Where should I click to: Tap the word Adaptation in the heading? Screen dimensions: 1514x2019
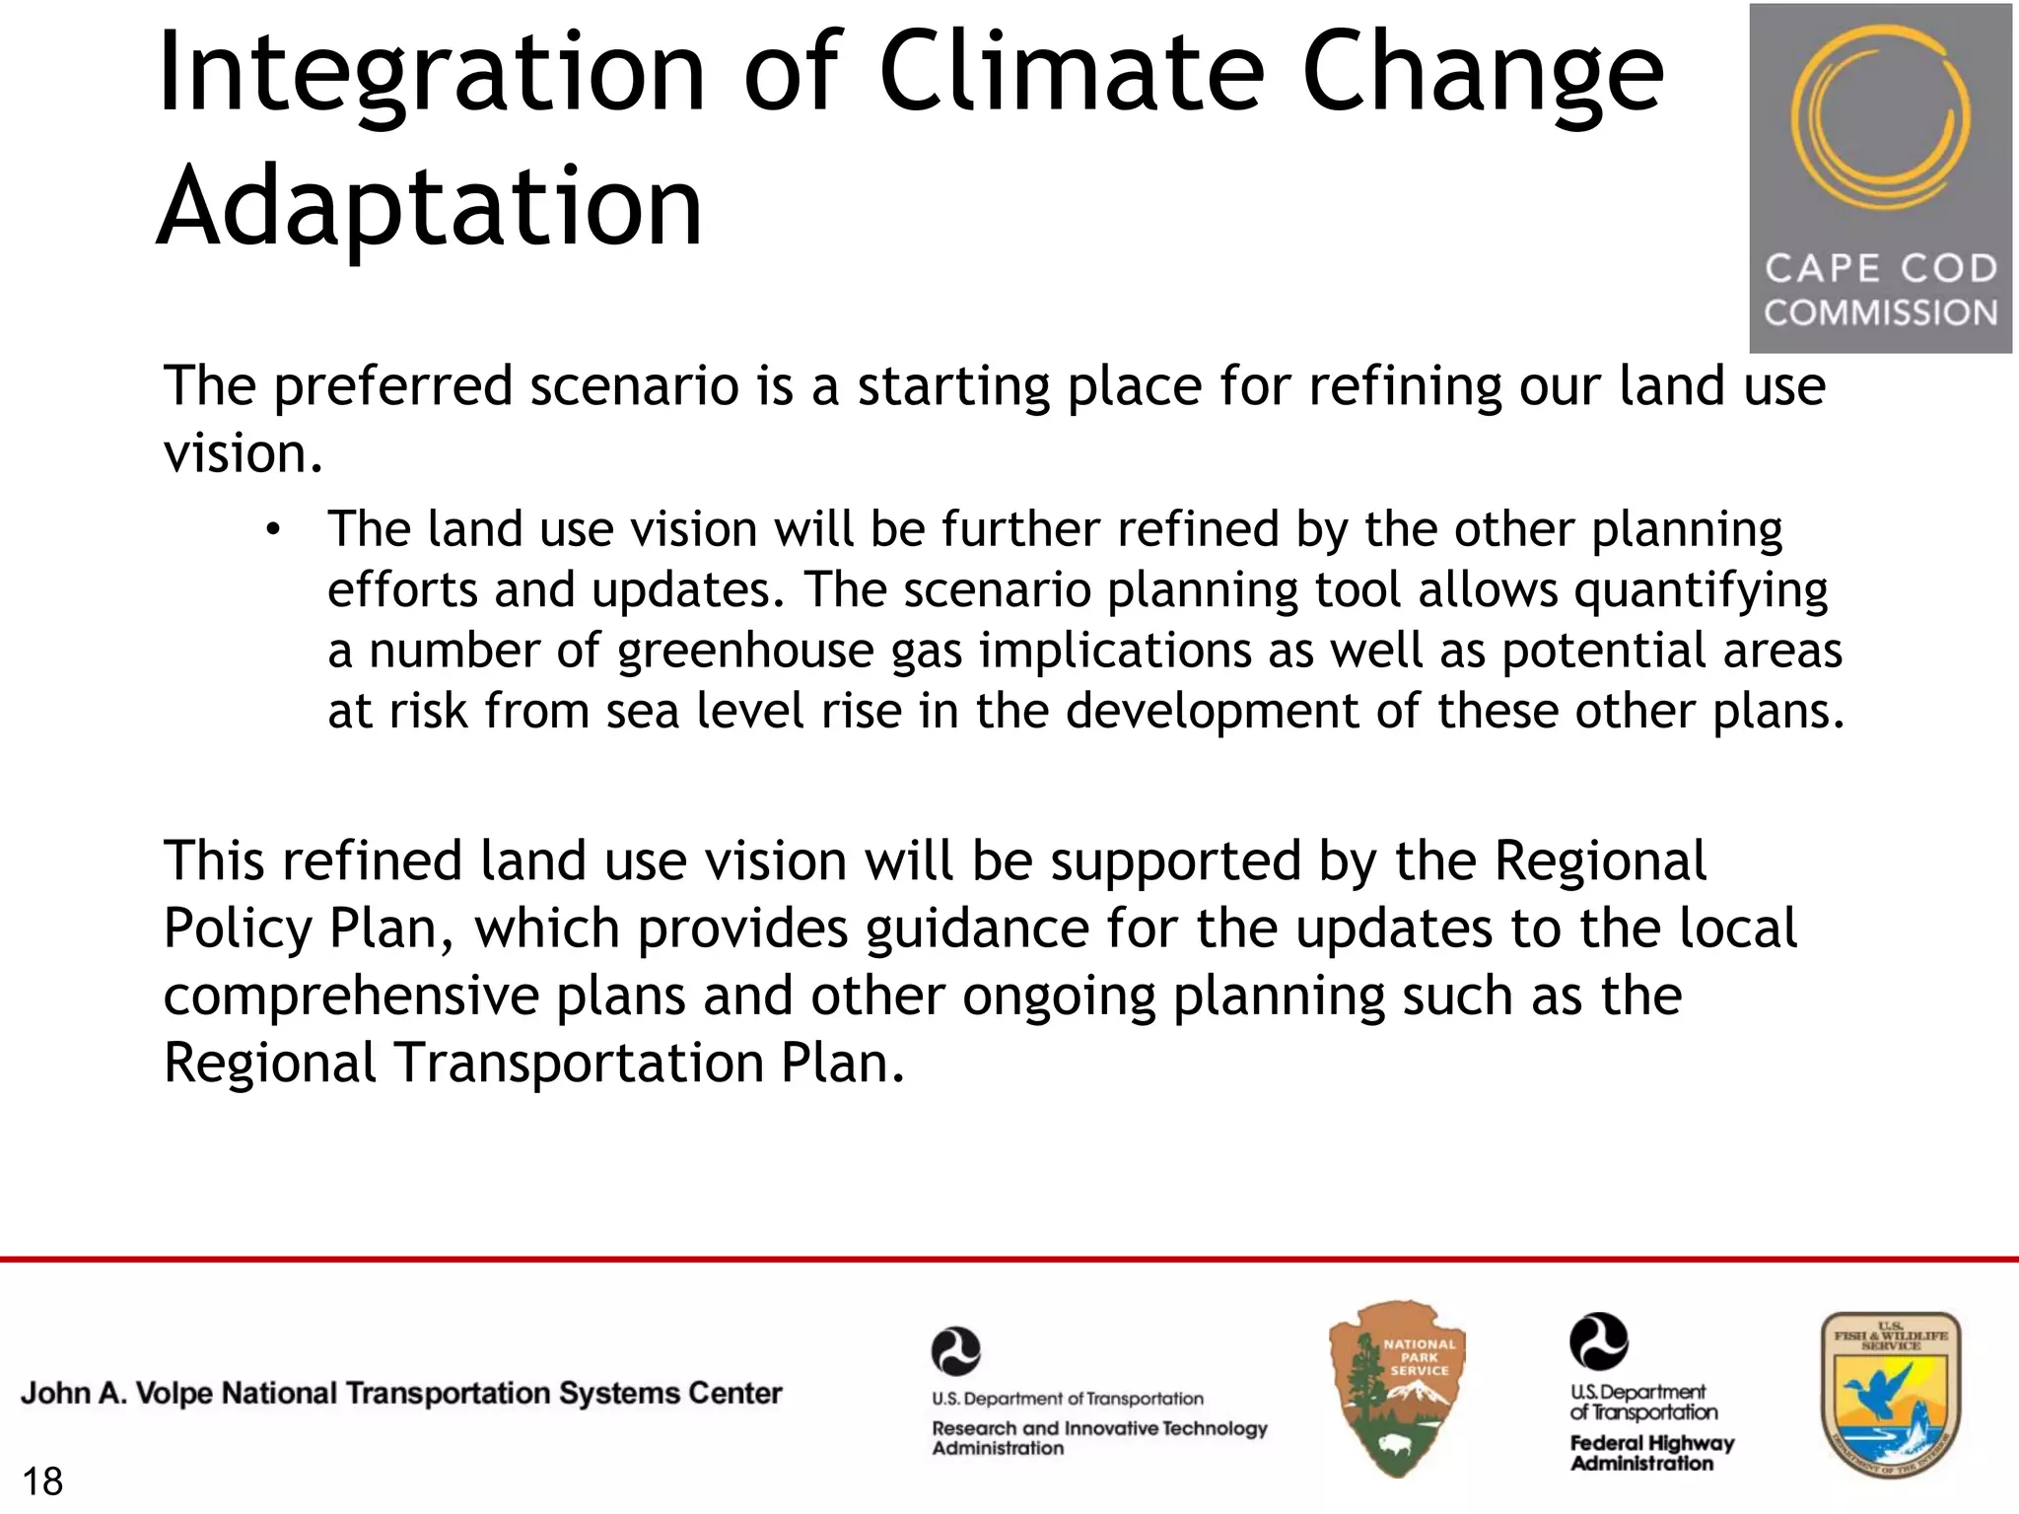pyautogui.click(x=430, y=207)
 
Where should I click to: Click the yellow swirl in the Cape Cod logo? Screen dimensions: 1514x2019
pyautogui.click(x=1880, y=118)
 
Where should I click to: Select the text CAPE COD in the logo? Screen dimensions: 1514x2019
pyautogui.click(x=1880, y=268)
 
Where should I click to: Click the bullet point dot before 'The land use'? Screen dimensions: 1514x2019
pyautogui.click(x=273, y=531)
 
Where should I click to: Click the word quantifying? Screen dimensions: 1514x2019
pyautogui.click(x=1701, y=590)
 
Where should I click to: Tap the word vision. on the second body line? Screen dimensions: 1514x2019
pyautogui.click(x=243, y=453)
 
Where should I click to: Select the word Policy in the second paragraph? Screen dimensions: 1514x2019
pyautogui.click(x=237, y=929)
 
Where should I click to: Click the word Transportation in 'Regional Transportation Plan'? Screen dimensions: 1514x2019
pyautogui.click(x=580, y=1063)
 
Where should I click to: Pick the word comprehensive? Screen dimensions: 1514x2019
pyautogui.click(x=351, y=996)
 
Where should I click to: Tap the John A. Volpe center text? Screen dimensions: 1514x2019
pyautogui.click(x=401, y=1393)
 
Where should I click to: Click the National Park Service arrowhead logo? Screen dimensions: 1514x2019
pyautogui.click(x=1397, y=1388)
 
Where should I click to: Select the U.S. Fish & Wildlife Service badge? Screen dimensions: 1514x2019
pyautogui.click(x=1890, y=1394)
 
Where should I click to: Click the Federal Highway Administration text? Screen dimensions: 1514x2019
pyautogui.click(x=1651, y=1453)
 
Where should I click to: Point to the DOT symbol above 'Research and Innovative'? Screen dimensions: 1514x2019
pyautogui.click(x=955, y=1351)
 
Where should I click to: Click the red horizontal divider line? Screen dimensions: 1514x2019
pyautogui.click(x=1009, y=1259)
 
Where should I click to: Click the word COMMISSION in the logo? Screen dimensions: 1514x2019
pyautogui.click(x=1880, y=313)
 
